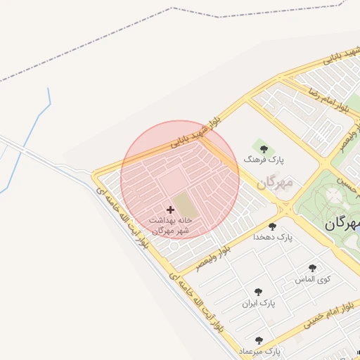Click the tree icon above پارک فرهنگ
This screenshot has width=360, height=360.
pos(264,148)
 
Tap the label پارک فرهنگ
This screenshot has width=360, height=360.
pos(264,160)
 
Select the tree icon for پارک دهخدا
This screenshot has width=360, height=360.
pos(272,226)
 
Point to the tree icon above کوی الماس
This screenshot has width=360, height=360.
pos(312,268)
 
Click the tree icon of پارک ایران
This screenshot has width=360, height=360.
pos(259,291)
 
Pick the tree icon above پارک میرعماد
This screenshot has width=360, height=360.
pos(259,340)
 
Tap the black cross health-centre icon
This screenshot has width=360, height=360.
pos(170,210)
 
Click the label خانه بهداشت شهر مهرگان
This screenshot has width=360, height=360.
pos(170,225)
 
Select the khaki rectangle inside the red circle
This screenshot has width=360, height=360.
pos(184,205)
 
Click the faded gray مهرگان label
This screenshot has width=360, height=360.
pos(275,184)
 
